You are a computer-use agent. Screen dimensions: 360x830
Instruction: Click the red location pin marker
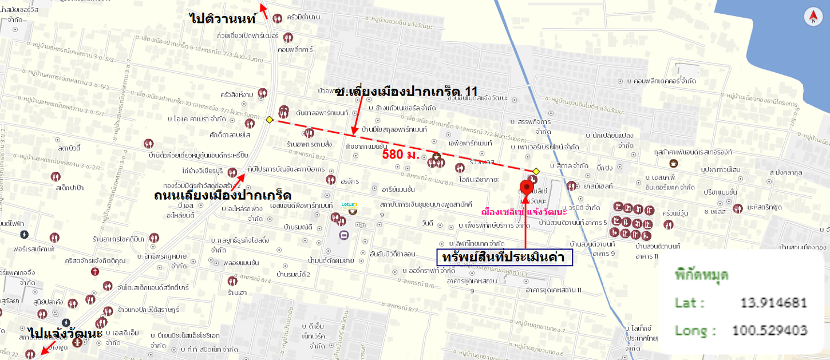pos(526,188)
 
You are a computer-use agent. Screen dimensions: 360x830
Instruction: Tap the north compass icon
pos(813,17)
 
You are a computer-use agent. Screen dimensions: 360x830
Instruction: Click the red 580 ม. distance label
pos(401,155)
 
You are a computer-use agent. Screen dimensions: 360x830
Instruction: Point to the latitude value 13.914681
pos(773,303)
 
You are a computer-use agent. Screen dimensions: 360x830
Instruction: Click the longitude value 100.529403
pos(769,330)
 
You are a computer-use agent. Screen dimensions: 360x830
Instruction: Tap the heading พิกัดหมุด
pos(701,274)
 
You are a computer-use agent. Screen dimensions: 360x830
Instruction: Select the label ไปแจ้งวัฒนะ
pos(65,333)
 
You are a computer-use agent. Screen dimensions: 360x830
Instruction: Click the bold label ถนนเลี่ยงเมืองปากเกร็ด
pos(223,195)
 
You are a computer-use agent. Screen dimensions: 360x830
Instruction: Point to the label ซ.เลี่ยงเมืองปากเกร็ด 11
pos(406,92)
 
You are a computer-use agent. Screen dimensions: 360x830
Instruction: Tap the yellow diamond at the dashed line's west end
pos(269,120)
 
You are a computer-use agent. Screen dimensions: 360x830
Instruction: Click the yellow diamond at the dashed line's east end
pos(536,171)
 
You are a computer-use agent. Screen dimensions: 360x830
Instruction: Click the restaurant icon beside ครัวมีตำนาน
pos(278,18)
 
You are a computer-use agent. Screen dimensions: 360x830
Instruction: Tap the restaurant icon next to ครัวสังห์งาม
pos(262,93)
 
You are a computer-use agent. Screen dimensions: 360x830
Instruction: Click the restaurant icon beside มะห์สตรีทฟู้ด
pos(738,208)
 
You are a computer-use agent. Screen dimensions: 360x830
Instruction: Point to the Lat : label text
pos(690,303)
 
